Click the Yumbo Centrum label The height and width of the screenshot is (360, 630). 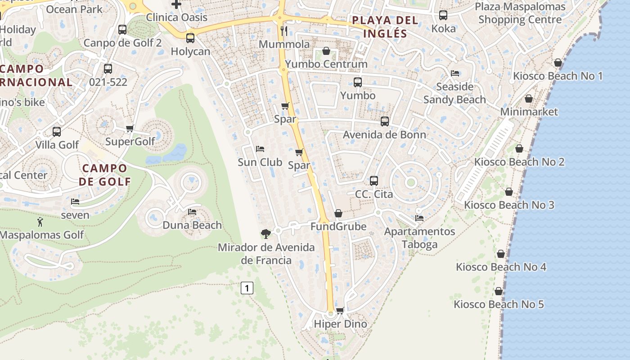pos(326,64)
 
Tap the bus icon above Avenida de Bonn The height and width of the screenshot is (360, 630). pos(385,121)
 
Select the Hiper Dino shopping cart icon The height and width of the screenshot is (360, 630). pos(340,310)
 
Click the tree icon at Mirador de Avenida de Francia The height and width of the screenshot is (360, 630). pos(266,234)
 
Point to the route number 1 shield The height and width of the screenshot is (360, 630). pos(247,288)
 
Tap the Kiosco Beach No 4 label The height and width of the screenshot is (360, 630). pos(501,267)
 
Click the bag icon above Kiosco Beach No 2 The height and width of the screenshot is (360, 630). pos(519,148)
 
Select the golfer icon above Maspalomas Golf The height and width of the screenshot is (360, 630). pos(40,221)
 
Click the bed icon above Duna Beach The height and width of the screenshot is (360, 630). pos(192,211)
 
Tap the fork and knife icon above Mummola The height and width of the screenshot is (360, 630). pos(284,31)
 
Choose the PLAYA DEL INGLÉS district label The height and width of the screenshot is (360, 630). pos(385,27)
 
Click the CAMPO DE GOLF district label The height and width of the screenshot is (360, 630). pos(104,175)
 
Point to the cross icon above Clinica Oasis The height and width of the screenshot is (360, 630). pos(176,4)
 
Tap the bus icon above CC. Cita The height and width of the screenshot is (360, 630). pos(374,181)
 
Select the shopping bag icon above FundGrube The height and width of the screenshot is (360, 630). pos(338,213)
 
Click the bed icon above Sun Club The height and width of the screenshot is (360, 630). pos(260,149)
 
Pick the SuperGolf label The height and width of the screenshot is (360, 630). pos(130,141)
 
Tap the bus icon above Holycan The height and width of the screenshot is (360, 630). pos(190,38)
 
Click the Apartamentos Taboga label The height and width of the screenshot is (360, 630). pos(419,238)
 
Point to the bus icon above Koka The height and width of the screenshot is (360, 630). pos(443,15)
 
